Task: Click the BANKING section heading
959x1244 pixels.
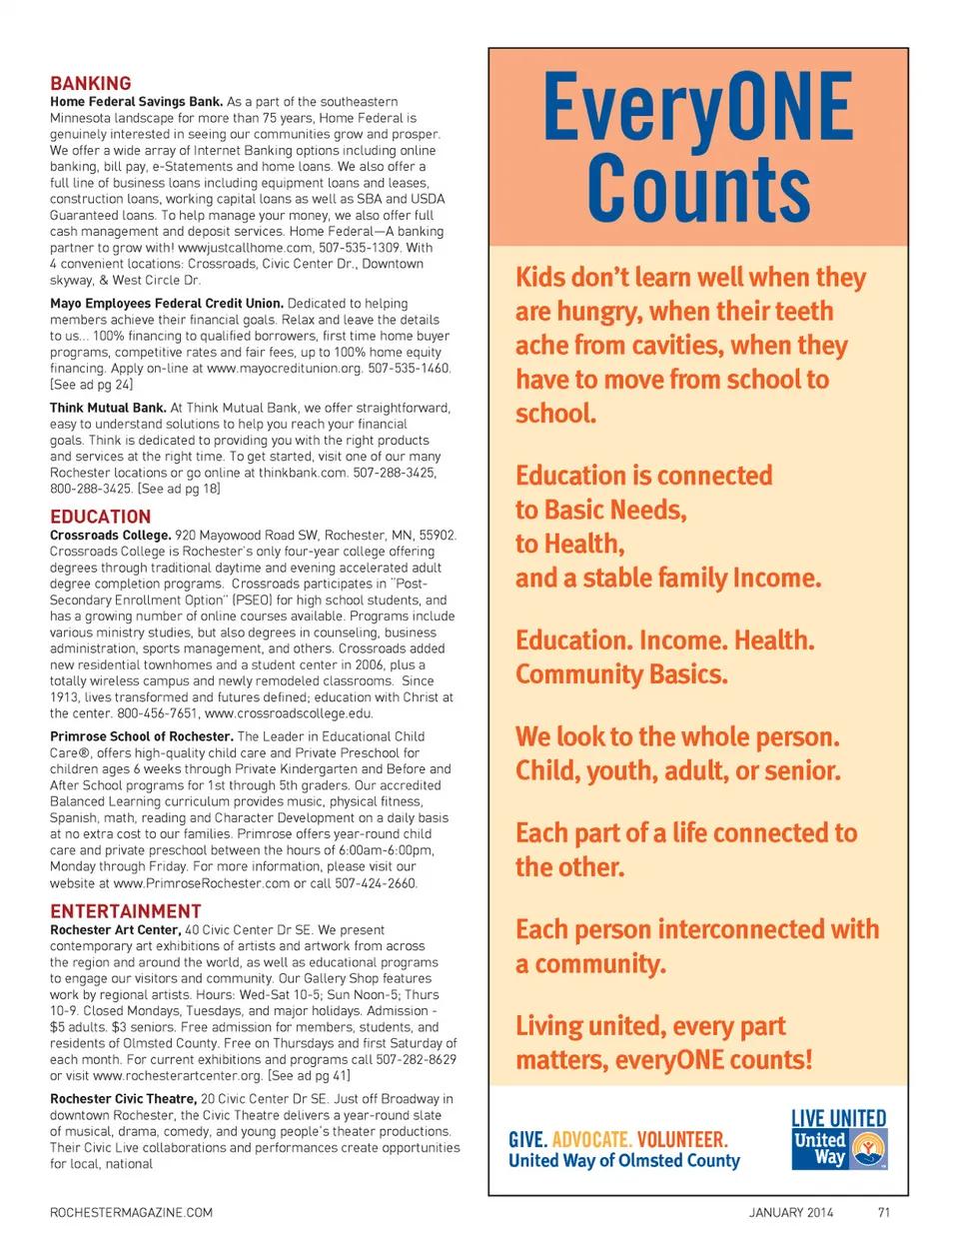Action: pyautogui.click(x=91, y=84)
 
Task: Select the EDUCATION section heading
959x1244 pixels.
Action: pyautogui.click(x=101, y=517)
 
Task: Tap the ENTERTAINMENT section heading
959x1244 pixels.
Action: pyautogui.click(x=126, y=911)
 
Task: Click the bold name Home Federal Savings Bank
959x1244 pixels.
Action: pyautogui.click(x=137, y=102)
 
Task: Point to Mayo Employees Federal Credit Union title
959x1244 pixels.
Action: pyautogui.click(x=167, y=304)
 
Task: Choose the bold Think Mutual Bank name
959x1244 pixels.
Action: pyautogui.click(x=108, y=408)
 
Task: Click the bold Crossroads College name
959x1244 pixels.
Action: pyautogui.click(x=110, y=536)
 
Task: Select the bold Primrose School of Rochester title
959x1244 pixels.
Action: pyautogui.click(x=141, y=736)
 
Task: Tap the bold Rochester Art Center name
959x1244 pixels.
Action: pyautogui.click(x=115, y=930)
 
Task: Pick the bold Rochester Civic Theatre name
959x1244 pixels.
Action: pyautogui.click(x=123, y=1099)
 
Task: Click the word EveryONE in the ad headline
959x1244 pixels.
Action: pyautogui.click(x=698, y=107)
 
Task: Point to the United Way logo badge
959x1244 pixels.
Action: pyautogui.click(x=839, y=1149)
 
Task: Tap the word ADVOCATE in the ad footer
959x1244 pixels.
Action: pyautogui.click(x=591, y=1140)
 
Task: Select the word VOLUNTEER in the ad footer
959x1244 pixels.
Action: pyautogui.click(x=682, y=1140)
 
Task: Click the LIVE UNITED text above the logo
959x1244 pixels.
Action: pyautogui.click(x=839, y=1119)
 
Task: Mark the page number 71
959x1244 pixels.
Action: pyautogui.click(x=883, y=1213)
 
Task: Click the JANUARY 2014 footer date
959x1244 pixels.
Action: pyautogui.click(x=791, y=1213)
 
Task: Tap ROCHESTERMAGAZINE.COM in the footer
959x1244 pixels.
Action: pyautogui.click(x=131, y=1213)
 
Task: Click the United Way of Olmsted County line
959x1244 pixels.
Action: pyautogui.click(x=624, y=1161)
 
